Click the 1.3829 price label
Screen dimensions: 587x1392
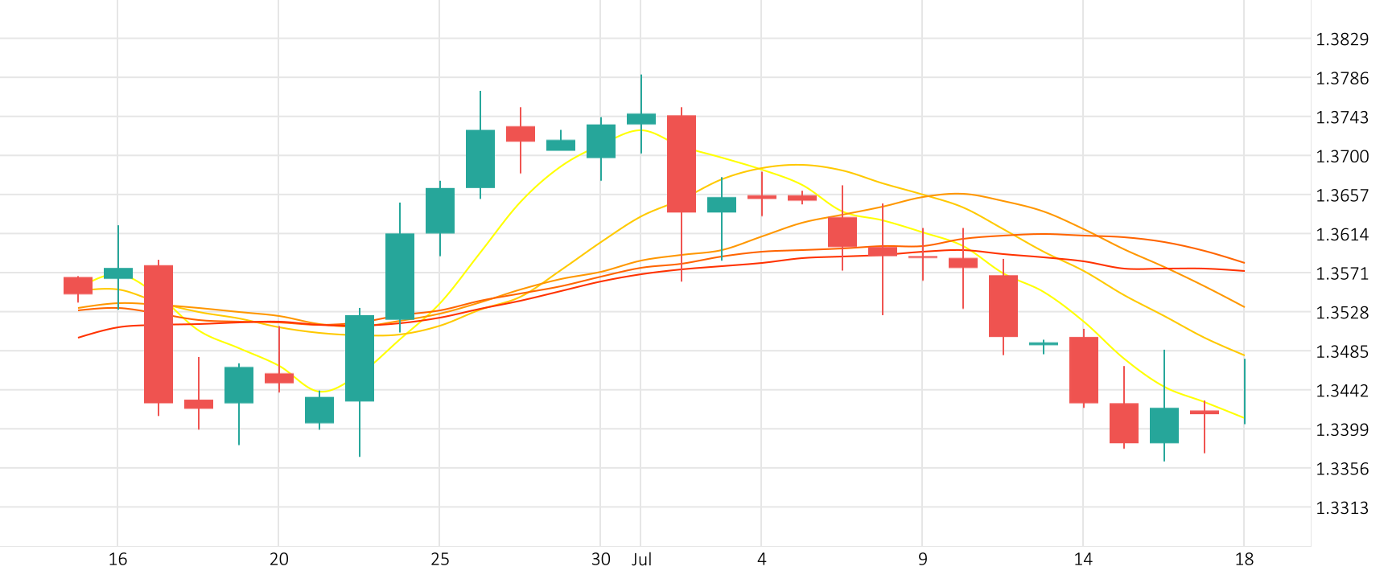(x=1341, y=39)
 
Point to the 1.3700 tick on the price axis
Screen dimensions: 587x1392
(x=1341, y=156)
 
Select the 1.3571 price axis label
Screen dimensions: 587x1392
(x=1341, y=273)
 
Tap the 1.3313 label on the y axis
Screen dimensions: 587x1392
(x=1341, y=507)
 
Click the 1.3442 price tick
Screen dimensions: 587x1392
(x=1341, y=391)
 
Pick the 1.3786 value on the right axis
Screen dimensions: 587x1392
(x=1341, y=78)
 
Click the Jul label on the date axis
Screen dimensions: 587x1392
(x=641, y=560)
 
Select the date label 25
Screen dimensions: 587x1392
(x=439, y=560)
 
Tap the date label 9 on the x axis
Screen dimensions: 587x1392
(x=922, y=560)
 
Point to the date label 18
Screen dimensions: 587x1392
(x=1244, y=560)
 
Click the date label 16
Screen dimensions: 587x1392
(x=117, y=560)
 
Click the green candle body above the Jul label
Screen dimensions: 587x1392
(x=641, y=119)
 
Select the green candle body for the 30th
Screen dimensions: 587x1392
(x=601, y=141)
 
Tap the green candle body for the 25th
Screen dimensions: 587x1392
(x=440, y=211)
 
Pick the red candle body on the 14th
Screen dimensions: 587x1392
(x=1084, y=370)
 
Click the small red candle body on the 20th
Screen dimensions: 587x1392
(x=279, y=378)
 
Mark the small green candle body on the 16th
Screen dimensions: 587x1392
(x=118, y=273)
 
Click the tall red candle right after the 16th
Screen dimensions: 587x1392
(x=159, y=334)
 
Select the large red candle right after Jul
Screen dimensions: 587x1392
(x=682, y=164)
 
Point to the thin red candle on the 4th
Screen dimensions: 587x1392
(x=762, y=197)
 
